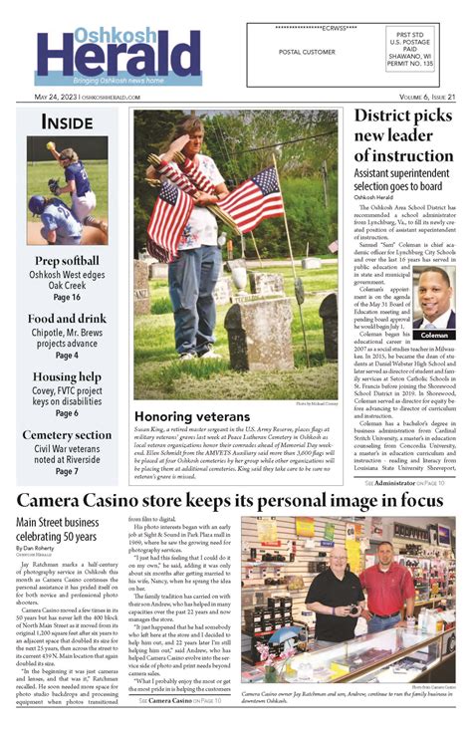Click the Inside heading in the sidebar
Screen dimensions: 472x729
click(67, 122)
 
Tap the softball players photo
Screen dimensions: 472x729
click(68, 189)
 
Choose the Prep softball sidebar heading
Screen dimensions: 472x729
click(67, 260)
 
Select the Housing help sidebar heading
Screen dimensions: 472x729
click(67, 376)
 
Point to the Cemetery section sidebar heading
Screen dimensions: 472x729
click(67, 434)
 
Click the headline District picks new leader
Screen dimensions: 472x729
click(404, 137)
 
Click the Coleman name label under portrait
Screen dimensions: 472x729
click(434, 335)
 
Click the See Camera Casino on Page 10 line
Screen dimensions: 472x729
click(180, 702)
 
